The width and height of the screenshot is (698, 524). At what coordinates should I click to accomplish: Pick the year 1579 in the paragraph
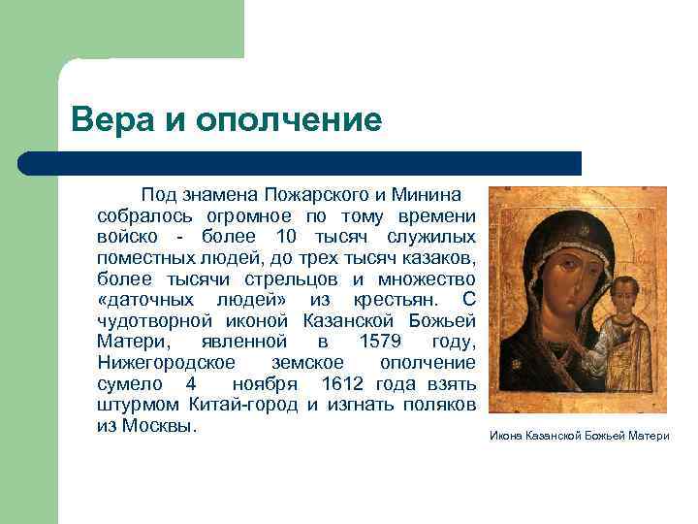pyautogui.click(x=383, y=342)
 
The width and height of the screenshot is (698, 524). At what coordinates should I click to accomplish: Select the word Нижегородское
pyautogui.click(x=166, y=363)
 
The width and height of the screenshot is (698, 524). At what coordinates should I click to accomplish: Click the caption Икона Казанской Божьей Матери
pyautogui.click(x=579, y=436)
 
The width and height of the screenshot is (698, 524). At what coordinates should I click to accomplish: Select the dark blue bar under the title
pyautogui.click(x=301, y=163)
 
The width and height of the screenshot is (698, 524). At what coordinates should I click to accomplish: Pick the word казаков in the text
pyautogui.click(x=442, y=257)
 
